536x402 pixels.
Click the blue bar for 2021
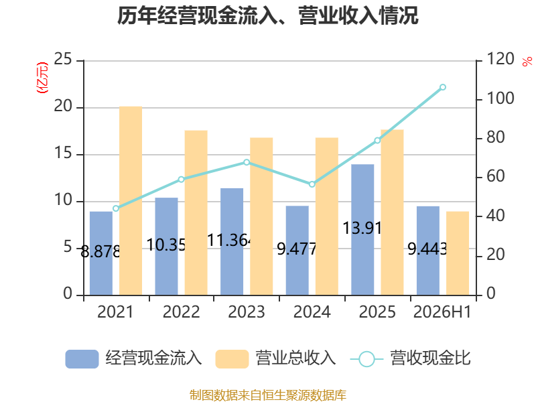tap(101, 253)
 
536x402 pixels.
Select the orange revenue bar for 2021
tap(131, 200)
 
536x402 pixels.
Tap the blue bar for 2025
tap(362, 230)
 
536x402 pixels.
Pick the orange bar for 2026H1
tap(458, 253)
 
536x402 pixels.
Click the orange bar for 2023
tap(261, 216)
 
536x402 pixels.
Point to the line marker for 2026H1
tap(443, 87)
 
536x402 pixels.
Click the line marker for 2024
tap(312, 184)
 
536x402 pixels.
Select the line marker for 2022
tap(181, 180)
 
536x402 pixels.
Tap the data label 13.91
tap(362, 228)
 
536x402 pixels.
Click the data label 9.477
tap(296, 249)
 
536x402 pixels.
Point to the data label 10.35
tap(166, 245)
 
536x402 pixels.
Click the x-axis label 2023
tap(247, 312)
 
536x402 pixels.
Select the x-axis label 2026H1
tap(442, 312)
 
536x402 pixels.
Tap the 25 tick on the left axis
tap(63, 59)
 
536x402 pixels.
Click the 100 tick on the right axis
tap(500, 98)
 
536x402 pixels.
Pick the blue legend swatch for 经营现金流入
tap(82, 359)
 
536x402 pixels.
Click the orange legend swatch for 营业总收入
tap(232, 359)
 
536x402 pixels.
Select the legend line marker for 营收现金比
tap(366, 359)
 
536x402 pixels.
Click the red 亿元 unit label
tap(42, 78)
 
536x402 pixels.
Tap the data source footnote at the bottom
tap(268, 395)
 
